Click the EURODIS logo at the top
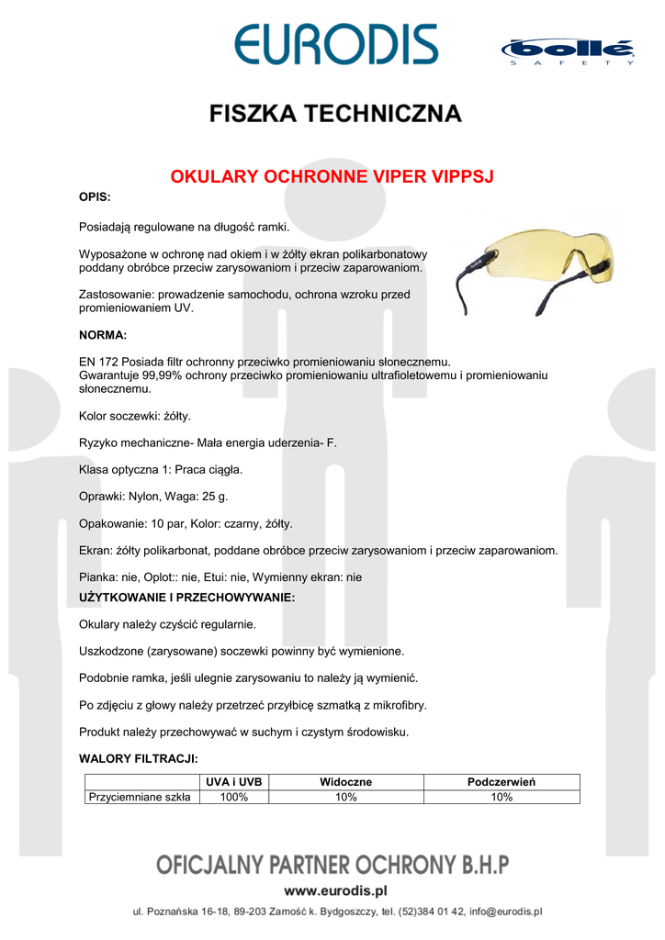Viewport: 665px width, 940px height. pos(335,45)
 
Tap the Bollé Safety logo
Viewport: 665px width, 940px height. pos(567,51)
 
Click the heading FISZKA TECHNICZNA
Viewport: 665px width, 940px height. pos(334,114)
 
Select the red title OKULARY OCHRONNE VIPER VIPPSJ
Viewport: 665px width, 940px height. pos(332,176)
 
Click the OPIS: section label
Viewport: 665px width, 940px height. pos(96,197)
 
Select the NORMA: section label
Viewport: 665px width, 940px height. pos(103,335)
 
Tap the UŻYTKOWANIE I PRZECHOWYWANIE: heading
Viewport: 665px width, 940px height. pos(187,598)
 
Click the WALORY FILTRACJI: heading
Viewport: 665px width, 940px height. pos(139,759)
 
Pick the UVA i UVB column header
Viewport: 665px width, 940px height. pos(234,781)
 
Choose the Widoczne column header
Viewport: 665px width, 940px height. pos(345,781)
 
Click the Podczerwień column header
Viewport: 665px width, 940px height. pos(502,781)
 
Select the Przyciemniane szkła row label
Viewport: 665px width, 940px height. pos(140,797)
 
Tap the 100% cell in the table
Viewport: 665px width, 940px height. pos(234,797)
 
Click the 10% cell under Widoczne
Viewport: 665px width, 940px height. pos(345,797)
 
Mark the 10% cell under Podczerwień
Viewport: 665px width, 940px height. pos(502,797)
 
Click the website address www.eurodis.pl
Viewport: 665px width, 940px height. pos(335,890)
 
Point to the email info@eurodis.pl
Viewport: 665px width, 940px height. pos(505,912)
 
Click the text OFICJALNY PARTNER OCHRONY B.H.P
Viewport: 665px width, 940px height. pos(332,865)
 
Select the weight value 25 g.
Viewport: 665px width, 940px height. pos(215,496)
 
